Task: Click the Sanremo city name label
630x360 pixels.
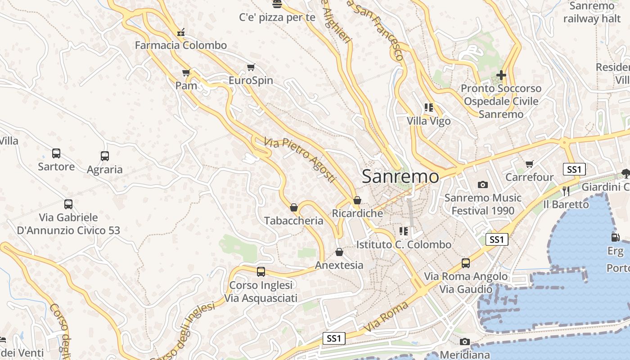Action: [x=400, y=176]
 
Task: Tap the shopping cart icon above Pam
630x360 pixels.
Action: [x=186, y=72]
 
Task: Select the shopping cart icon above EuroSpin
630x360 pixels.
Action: [x=251, y=67]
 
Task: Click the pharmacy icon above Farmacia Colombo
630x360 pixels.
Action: [x=181, y=32]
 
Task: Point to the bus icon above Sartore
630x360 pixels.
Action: [x=56, y=153]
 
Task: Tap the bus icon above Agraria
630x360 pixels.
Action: [x=105, y=156]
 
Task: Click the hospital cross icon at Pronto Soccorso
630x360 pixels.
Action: [x=501, y=75]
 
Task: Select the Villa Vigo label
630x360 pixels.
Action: [x=428, y=121]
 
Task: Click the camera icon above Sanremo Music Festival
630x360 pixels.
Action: [x=483, y=184]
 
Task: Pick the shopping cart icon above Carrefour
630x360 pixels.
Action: [x=529, y=164]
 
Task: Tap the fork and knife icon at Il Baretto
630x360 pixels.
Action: [x=566, y=191]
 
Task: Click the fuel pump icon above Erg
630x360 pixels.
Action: [x=615, y=237]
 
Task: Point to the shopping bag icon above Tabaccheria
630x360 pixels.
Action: [x=294, y=207]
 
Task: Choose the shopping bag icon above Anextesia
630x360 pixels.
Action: [x=339, y=252]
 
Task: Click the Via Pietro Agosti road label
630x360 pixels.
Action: [x=300, y=160]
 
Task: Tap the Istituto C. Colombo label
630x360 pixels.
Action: [x=404, y=244]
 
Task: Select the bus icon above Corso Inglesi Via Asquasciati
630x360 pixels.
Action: [x=261, y=272]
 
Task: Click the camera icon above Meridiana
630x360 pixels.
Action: [x=465, y=342]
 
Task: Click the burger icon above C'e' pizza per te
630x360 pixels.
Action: [x=277, y=4]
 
